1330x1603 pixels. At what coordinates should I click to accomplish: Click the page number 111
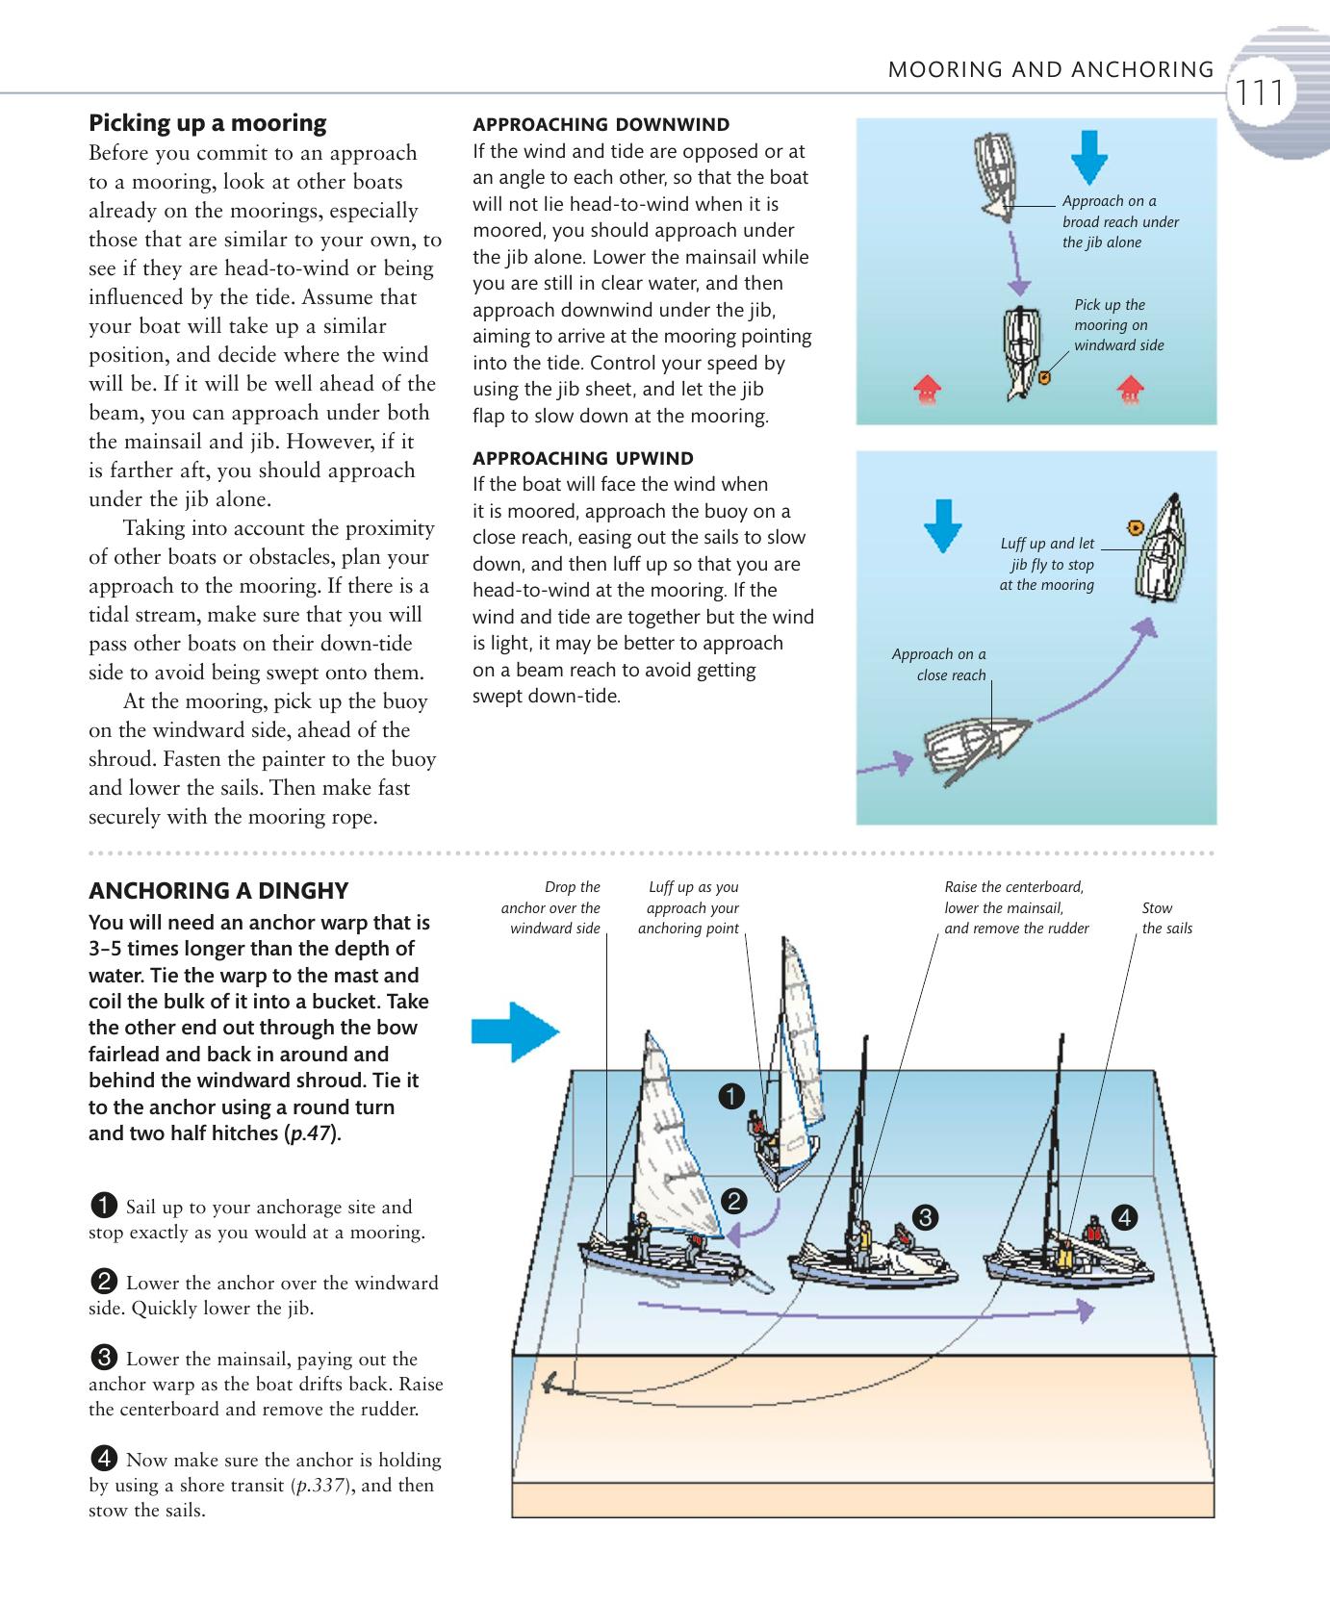(x=1260, y=94)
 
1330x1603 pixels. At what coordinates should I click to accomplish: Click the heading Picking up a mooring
(x=207, y=123)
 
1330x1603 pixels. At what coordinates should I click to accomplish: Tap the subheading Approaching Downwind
(x=601, y=125)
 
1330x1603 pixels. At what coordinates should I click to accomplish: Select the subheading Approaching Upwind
(x=582, y=458)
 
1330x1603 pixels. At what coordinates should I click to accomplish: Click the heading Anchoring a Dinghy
(x=218, y=890)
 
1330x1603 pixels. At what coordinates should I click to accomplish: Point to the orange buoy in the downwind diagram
(x=1045, y=378)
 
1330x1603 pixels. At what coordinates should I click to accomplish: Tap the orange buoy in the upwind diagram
(x=1134, y=526)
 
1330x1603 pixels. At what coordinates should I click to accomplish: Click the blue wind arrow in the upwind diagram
(x=943, y=524)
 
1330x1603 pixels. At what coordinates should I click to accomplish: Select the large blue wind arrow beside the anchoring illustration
(x=515, y=1032)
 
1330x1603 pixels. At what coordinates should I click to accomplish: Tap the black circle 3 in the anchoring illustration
(x=924, y=1217)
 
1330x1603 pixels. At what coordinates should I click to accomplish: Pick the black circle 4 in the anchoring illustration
(x=1123, y=1217)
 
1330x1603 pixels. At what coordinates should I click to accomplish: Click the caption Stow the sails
(x=1166, y=918)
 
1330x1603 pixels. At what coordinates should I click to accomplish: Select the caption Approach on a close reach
(x=938, y=665)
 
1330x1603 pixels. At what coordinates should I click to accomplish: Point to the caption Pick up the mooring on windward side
(x=1118, y=325)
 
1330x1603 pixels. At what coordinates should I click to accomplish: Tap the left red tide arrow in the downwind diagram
(x=927, y=390)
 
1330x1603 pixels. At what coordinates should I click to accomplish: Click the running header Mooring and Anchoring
(x=1050, y=69)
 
